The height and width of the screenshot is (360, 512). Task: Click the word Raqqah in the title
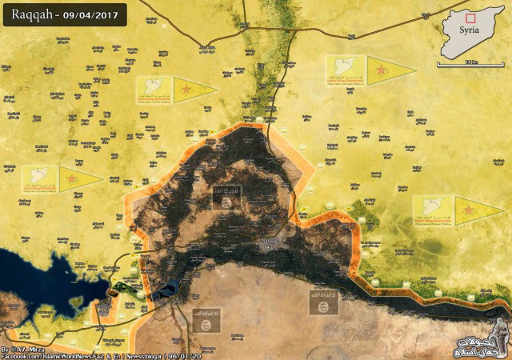pos(32,15)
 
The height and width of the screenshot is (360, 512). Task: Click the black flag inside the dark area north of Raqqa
pos(225,199)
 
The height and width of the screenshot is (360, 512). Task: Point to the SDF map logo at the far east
pos(431,210)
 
